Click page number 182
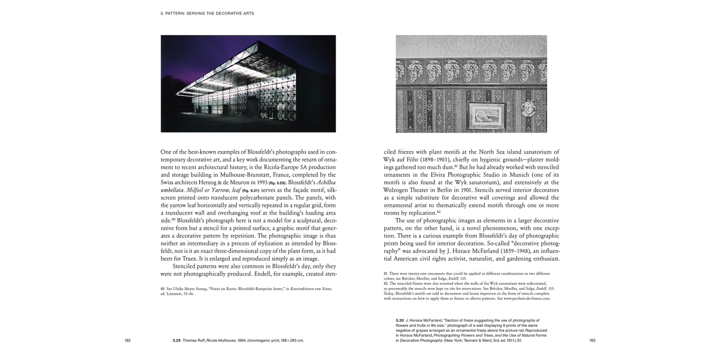tap(127, 340)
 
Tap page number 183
tap(592, 340)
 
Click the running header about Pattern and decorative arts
tap(207, 13)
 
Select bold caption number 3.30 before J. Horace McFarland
tap(399, 320)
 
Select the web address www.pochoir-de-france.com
tap(526, 298)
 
